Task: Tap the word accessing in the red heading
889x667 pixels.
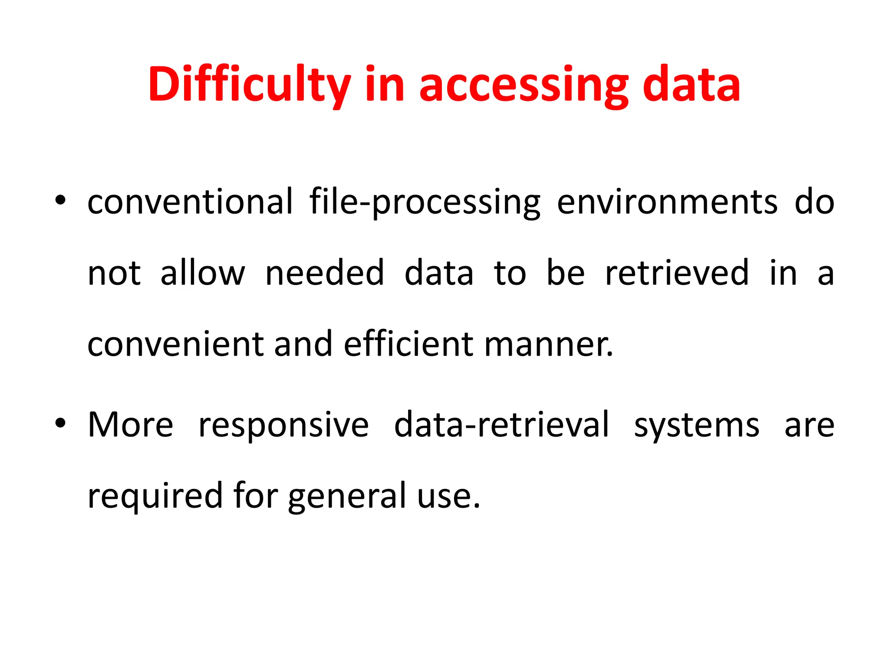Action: tap(524, 85)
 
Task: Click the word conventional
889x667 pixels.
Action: tap(190, 201)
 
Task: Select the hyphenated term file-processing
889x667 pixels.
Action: tap(425, 202)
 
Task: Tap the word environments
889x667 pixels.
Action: tap(667, 202)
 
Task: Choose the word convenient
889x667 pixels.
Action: tap(175, 344)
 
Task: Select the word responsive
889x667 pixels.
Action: tap(283, 425)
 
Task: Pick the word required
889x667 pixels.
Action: tap(155, 496)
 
